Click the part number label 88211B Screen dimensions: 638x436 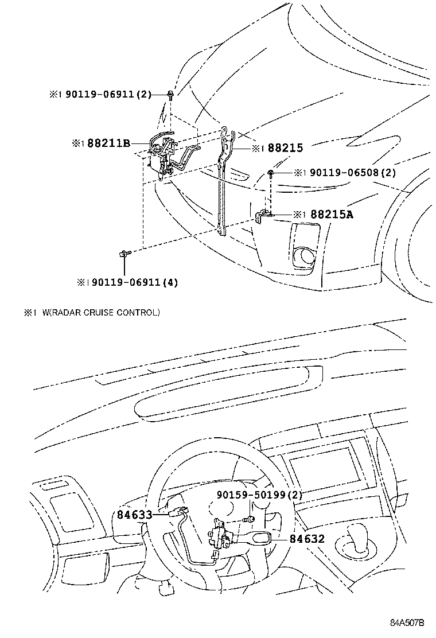pos(108,143)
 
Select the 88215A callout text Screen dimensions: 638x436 pos(332,215)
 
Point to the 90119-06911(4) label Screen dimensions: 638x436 pos(131,282)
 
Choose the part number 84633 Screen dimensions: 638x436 pos(135,515)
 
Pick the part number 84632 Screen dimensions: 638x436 pos(307,539)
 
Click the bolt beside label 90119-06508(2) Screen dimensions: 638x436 pos(270,172)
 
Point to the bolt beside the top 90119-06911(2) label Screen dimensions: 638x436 pos(171,94)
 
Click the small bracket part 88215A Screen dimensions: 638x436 pos(263,216)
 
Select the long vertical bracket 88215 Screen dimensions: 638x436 pos(224,184)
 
